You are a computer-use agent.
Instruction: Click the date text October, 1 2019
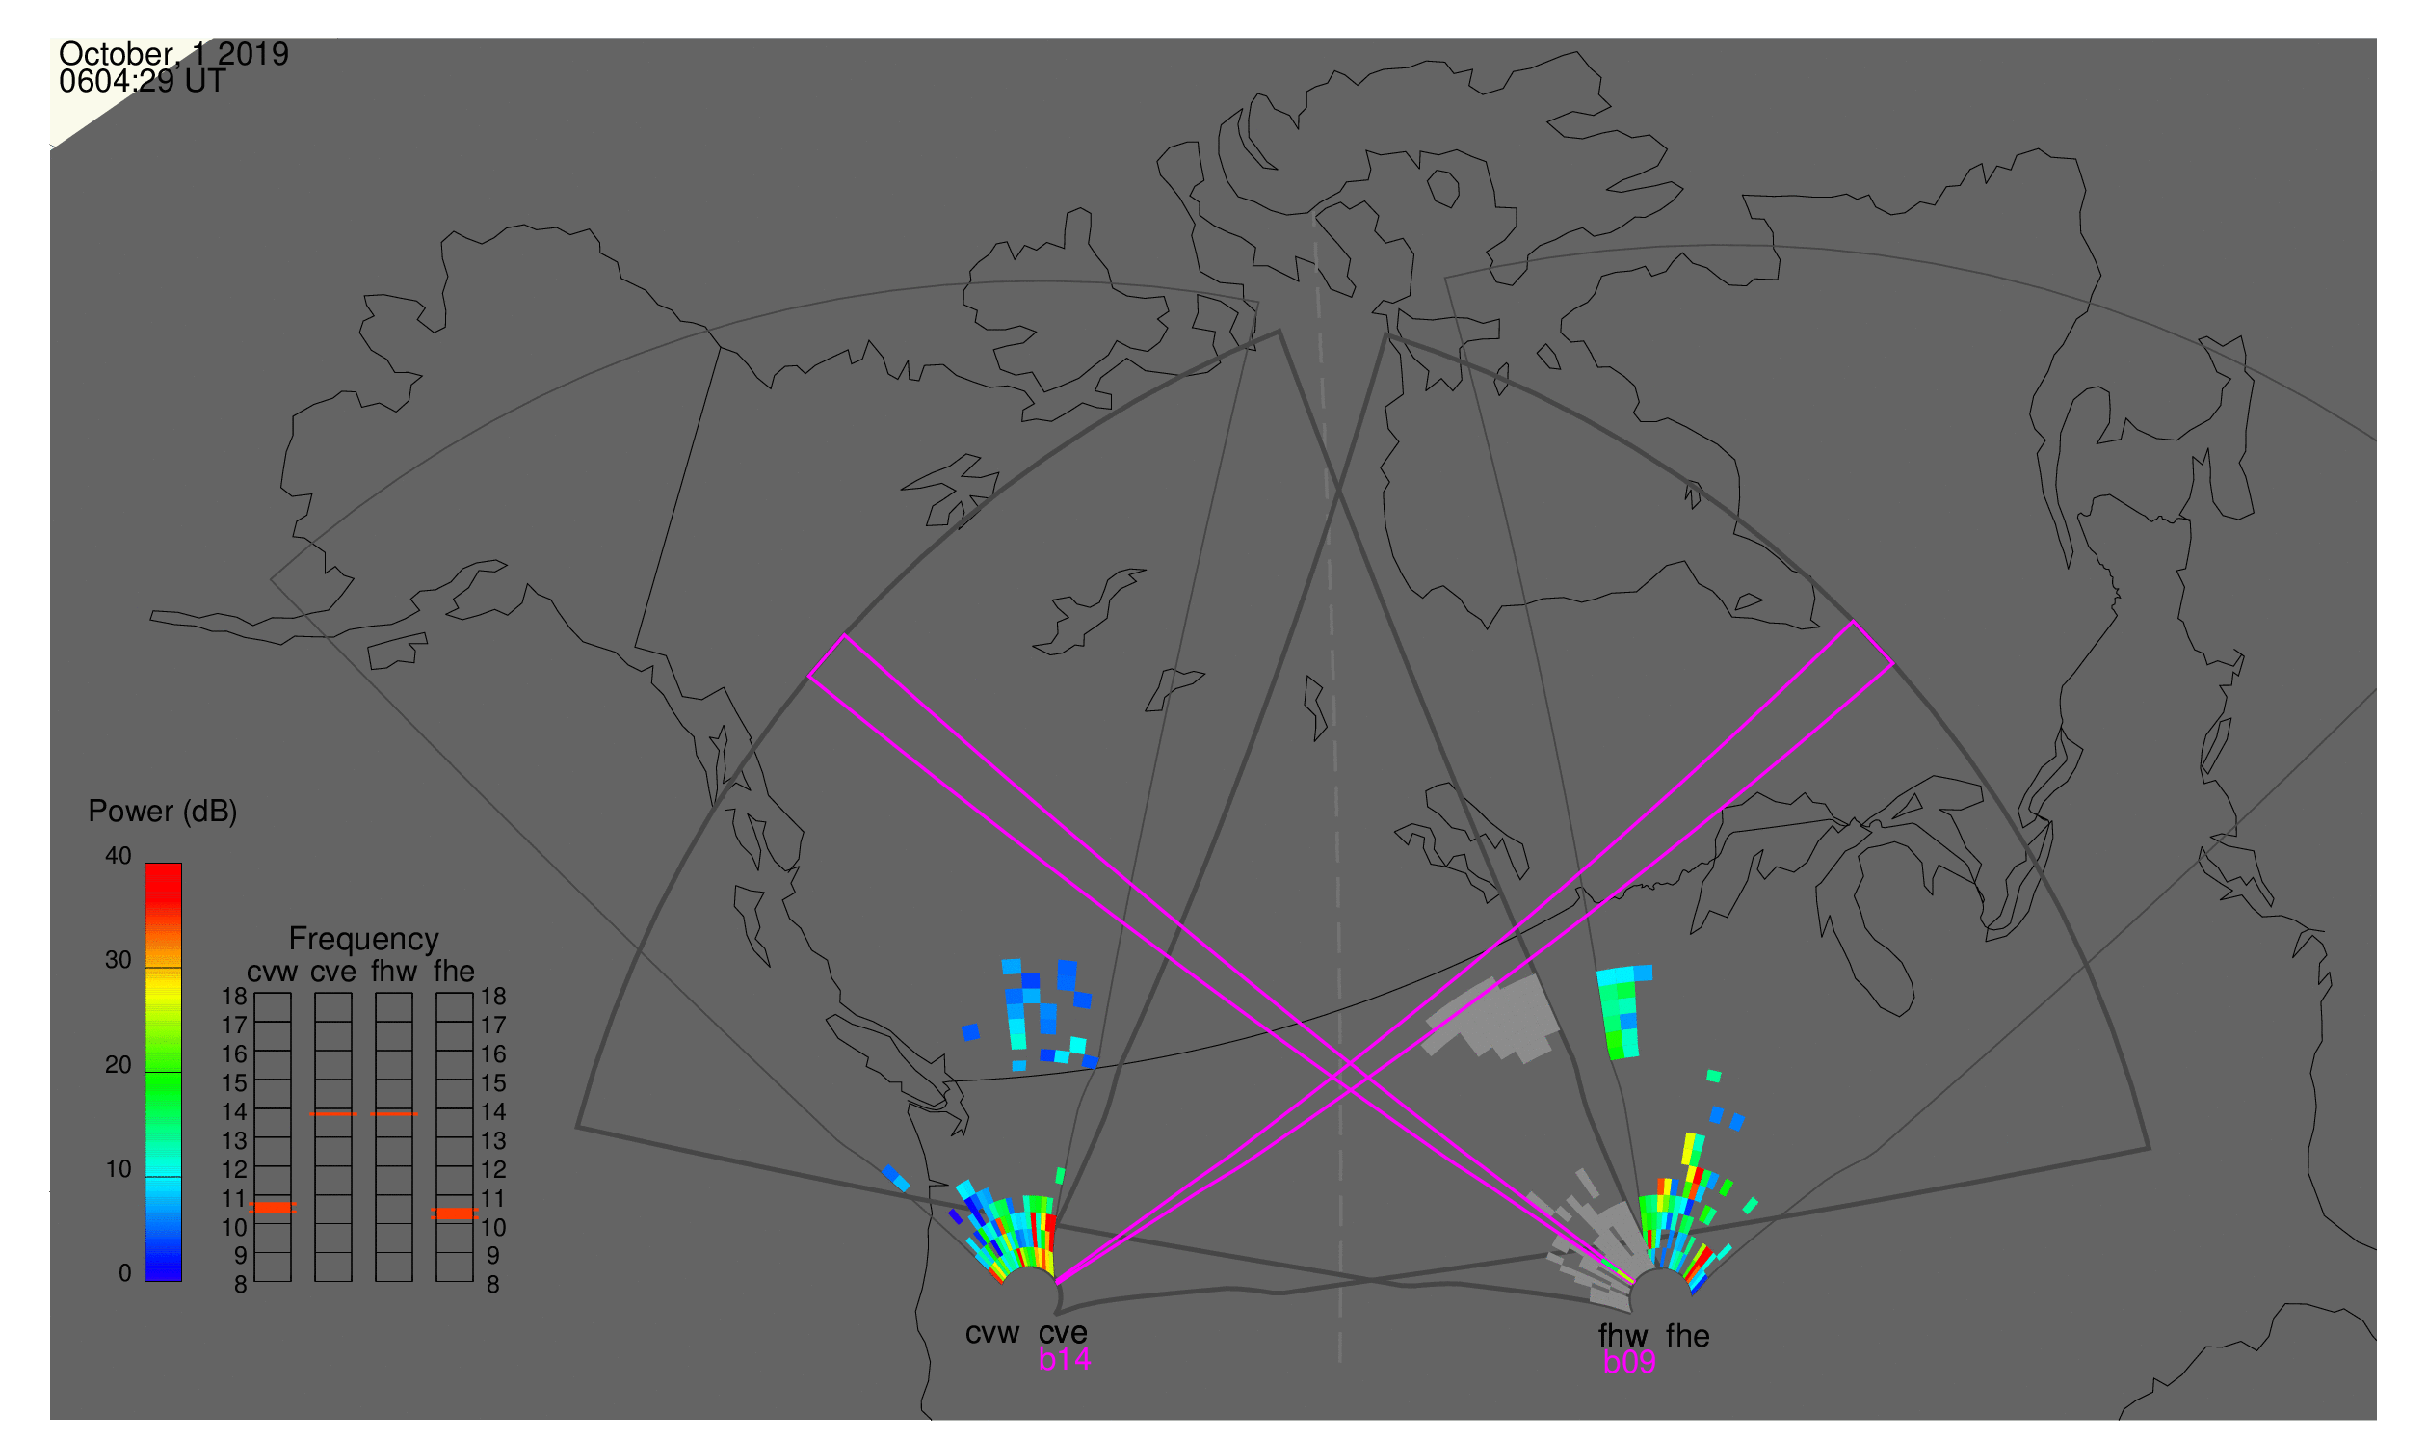coord(173,54)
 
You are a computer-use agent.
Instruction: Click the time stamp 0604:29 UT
coord(142,82)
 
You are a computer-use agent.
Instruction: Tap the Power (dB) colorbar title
coord(163,813)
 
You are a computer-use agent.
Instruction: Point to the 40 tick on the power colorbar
coord(119,857)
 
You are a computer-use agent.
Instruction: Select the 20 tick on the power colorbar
coord(119,1065)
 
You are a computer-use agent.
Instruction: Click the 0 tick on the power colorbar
coord(125,1274)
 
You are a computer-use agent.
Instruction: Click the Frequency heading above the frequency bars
coord(364,941)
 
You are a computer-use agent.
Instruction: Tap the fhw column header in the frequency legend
coord(394,973)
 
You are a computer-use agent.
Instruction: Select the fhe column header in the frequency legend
coord(454,973)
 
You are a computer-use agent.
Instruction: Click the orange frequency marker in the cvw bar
coord(273,1208)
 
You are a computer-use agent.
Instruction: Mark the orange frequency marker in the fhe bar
coord(455,1213)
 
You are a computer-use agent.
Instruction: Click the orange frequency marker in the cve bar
coord(333,1115)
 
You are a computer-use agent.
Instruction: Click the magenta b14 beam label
coord(1064,1360)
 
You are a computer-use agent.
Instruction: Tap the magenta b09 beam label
coord(1629,1363)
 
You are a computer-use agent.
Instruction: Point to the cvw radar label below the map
coord(992,1334)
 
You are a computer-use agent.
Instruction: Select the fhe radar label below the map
coord(1688,1337)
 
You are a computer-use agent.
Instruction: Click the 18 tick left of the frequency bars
coord(235,998)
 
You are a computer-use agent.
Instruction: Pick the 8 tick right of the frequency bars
coord(493,1286)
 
